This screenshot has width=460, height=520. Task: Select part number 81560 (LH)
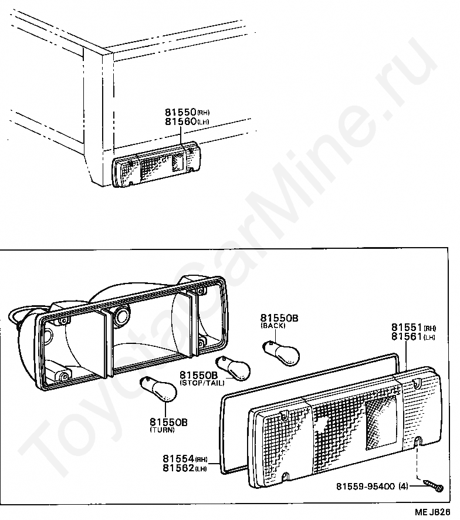pos(181,122)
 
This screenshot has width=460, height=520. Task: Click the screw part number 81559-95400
pos(366,486)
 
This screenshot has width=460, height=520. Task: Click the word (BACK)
pos(273,325)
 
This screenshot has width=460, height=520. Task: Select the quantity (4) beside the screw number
pos(403,486)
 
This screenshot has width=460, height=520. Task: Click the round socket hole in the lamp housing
pos(122,317)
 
